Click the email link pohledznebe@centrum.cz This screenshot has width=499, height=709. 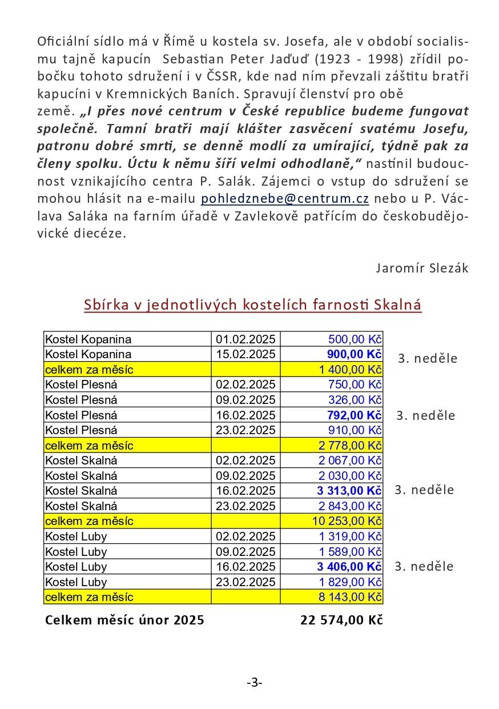pyautogui.click(x=285, y=199)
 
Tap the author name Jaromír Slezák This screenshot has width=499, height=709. pyautogui.click(x=422, y=268)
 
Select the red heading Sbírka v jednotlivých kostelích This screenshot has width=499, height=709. pyautogui.click(x=252, y=305)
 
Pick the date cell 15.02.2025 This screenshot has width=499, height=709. pyautogui.click(x=246, y=354)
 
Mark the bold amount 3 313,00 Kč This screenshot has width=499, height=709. pyautogui.click(x=349, y=491)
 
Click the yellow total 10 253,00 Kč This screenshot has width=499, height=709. pyautogui.click(x=348, y=521)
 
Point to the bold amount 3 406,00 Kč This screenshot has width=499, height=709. pyautogui.click(x=349, y=567)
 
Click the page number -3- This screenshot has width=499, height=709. pyautogui.click(x=255, y=682)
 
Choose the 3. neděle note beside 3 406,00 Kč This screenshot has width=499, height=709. pyautogui.click(x=425, y=567)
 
